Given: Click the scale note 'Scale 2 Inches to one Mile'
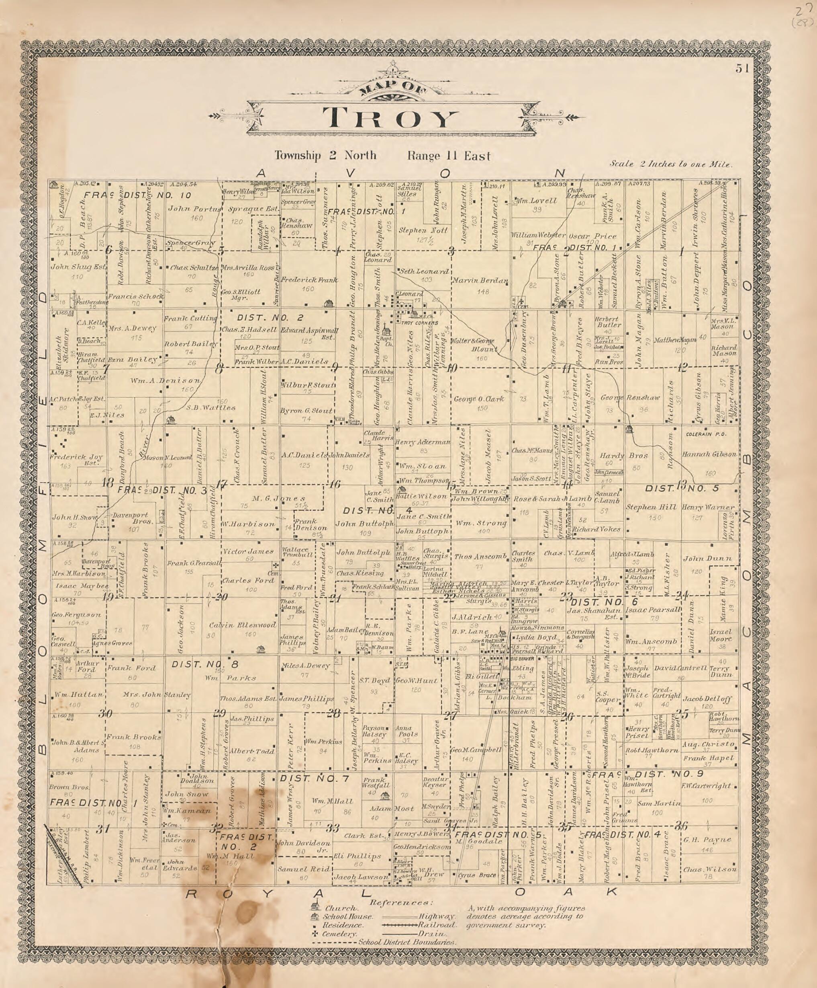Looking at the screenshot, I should click(671, 165).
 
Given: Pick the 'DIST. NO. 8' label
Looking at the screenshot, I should click(205, 664).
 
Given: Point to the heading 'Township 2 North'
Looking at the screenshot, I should click(325, 155).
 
